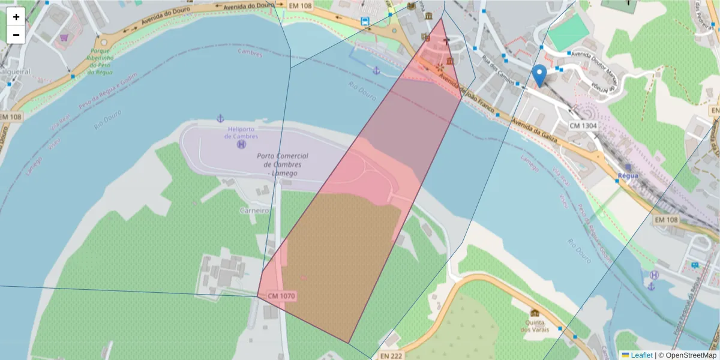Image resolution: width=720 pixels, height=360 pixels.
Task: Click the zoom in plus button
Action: (16, 17)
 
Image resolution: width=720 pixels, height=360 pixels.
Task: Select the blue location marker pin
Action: (539, 76)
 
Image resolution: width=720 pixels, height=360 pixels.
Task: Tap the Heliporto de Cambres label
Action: (242, 132)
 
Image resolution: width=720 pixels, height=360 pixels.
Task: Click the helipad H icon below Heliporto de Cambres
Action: (241, 145)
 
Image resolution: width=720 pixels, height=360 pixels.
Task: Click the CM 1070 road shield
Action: (281, 296)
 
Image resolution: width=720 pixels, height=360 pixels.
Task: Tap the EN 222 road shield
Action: (391, 355)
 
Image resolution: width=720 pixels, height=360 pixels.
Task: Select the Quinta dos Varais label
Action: (534, 326)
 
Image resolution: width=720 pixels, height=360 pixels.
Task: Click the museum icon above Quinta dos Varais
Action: (535, 313)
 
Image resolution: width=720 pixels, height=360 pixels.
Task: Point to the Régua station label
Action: (628, 176)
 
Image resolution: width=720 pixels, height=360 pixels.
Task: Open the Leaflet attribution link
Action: (640, 355)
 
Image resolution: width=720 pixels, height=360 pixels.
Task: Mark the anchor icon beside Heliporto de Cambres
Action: (220, 118)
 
